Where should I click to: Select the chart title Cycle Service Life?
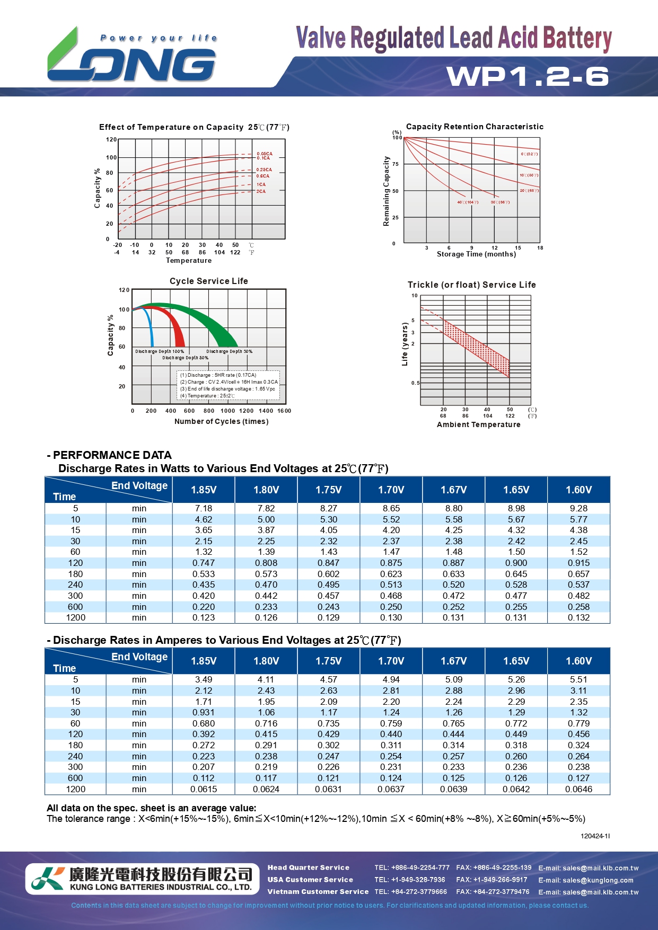[x=208, y=281]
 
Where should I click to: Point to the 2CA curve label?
[x=261, y=191]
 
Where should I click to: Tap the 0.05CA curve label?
[x=264, y=154]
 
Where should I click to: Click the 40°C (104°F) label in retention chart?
[x=468, y=202]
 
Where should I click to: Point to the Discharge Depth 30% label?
[x=229, y=351]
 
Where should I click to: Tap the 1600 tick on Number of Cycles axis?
[x=284, y=411]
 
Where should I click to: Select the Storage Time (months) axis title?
[x=476, y=254]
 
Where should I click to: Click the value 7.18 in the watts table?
[x=204, y=508]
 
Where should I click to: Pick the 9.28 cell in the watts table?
[x=578, y=508]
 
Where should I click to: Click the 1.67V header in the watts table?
[x=454, y=490]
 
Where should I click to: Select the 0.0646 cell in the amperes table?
[x=578, y=789]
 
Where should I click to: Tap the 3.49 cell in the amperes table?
[x=204, y=679]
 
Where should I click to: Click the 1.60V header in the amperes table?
[x=578, y=661]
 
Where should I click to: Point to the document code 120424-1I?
[x=595, y=836]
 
